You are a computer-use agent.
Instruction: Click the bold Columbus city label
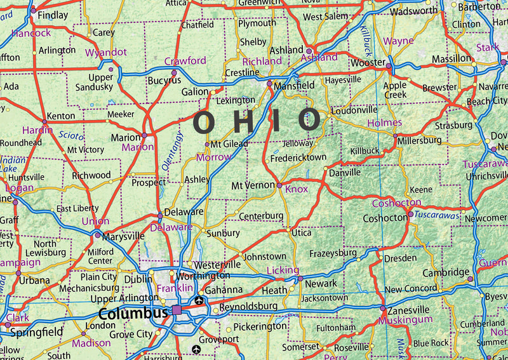[x=132, y=313]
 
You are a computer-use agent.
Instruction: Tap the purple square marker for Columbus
[x=177, y=310]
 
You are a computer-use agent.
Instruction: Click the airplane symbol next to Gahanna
[x=201, y=300]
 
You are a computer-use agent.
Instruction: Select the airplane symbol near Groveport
[x=196, y=349]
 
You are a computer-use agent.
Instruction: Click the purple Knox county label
[x=297, y=189]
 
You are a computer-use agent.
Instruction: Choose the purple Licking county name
[x=282, y=270]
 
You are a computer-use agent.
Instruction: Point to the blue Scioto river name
[x=70, y=135]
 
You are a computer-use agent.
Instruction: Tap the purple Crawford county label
[x=185, y=60]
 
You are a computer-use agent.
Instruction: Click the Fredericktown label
[x=298, y=157]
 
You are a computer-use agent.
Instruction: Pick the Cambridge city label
[x=446, y=272]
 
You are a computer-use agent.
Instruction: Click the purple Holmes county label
[x=384, y=123]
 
